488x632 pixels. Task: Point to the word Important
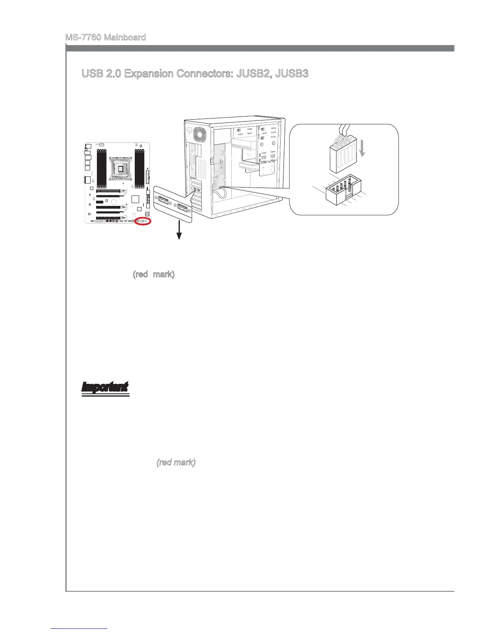tap(105, 387)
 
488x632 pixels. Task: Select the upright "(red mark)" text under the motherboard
tap(153, 275)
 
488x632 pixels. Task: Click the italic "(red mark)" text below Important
tap(176, 462)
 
